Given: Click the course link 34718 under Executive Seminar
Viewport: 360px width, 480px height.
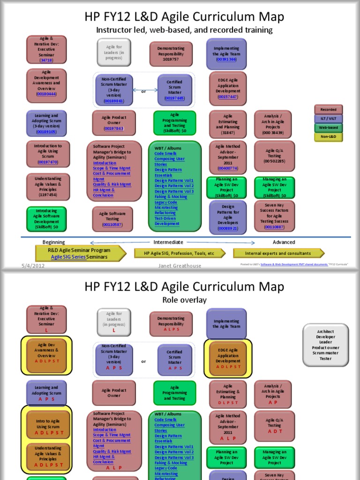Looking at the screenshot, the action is point(46,60).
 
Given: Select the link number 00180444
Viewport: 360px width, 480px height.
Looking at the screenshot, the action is point(46,94).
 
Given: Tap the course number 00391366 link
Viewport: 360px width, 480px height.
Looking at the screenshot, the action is point(226,60).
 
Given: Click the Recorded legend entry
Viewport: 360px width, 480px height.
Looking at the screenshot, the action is point(328,110).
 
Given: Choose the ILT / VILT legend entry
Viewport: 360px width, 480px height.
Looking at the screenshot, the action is point(328,119).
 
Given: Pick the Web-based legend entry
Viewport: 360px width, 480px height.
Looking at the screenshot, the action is point(328,127).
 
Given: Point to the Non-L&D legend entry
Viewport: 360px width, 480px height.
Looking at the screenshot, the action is point(328,136).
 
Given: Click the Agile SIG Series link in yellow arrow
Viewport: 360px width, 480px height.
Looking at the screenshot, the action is point(68,257).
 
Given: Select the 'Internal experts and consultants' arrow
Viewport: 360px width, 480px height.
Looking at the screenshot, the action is point(278,253).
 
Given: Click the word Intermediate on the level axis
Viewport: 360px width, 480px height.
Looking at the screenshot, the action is point(168,242).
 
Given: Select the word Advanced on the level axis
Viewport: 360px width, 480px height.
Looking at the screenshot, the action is point(284,242).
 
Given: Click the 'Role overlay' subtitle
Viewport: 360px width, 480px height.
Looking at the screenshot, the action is point(184,300).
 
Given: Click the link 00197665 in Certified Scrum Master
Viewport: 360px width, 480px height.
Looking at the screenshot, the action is point(174,98).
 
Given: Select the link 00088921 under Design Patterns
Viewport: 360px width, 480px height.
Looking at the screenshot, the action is point(228,228).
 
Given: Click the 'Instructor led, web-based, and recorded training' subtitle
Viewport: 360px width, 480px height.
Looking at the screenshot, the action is point(184,30).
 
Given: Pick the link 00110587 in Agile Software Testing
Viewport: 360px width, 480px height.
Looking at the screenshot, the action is point(112,225).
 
